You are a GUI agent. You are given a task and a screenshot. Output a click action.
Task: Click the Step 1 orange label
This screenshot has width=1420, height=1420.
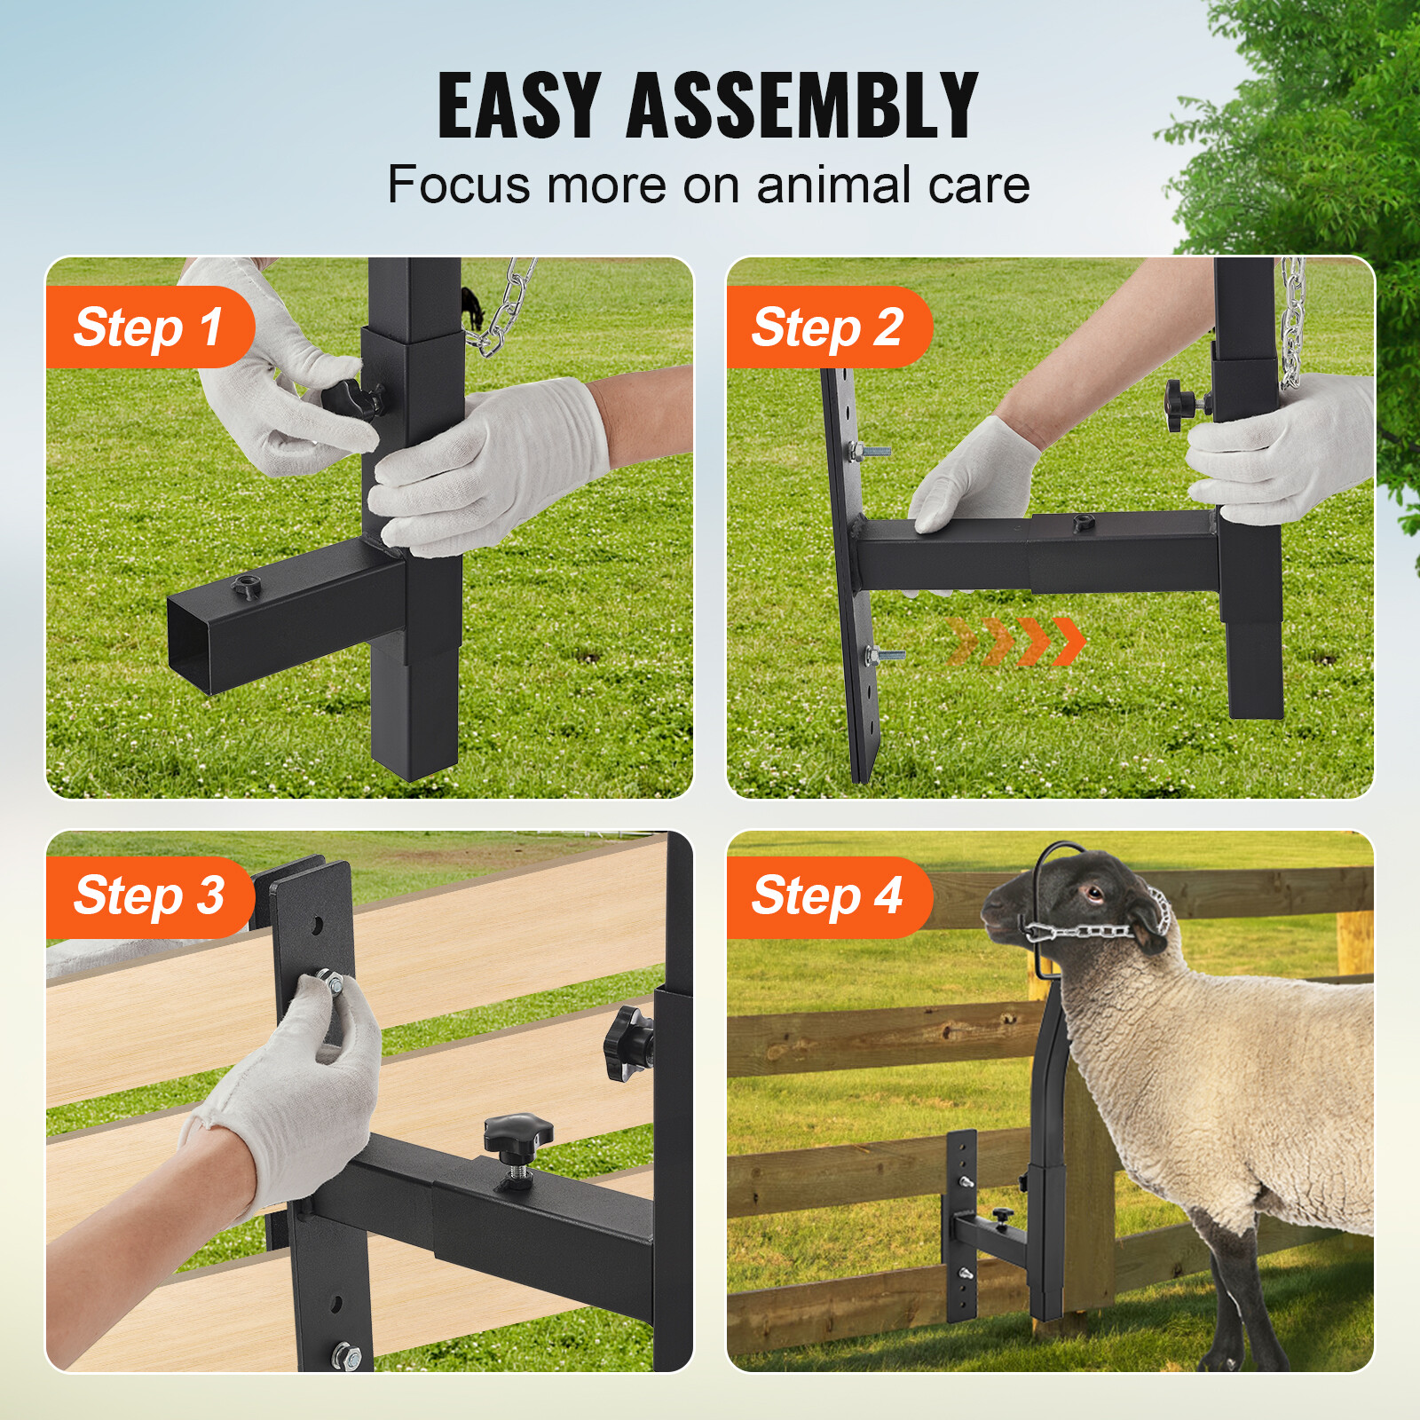[148, 327]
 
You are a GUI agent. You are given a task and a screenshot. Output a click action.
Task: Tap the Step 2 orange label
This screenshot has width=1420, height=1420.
[827, 327]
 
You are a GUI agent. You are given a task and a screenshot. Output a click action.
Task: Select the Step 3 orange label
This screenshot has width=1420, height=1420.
[148, 895]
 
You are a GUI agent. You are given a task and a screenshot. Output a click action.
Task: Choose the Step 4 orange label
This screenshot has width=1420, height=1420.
[827, 895]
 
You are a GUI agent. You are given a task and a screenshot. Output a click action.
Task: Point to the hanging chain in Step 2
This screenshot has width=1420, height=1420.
[1292, 319]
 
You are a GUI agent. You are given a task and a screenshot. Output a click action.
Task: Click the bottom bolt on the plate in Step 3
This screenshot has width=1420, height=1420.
[344, 1355]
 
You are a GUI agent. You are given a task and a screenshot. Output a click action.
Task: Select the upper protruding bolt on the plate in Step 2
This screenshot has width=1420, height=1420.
[868, 452]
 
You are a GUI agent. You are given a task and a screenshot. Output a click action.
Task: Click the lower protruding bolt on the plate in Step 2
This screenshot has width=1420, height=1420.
[884, 655]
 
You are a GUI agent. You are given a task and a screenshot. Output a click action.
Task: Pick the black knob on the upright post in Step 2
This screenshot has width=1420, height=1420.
[1180, 405]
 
